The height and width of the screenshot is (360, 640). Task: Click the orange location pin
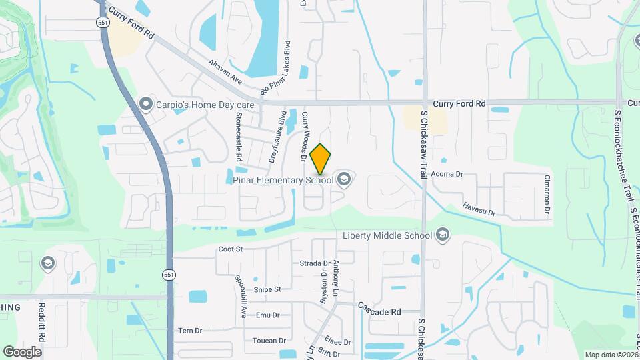[x=321, y=159]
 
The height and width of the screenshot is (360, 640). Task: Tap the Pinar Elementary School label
[x=283, y=179]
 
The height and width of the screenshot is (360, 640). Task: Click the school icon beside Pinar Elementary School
[x=343, y=178]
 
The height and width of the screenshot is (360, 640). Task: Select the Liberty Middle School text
[x=387, y=235]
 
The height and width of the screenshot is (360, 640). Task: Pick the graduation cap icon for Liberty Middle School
[x=443, y=235]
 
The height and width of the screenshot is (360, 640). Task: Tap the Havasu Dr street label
[x=479, y=209]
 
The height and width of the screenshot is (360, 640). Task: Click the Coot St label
[x=229, y=249]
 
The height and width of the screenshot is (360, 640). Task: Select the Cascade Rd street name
[x=379, y=309]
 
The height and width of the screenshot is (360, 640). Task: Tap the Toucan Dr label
[x=269, y=340]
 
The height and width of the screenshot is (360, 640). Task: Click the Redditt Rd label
[x=41, y=323]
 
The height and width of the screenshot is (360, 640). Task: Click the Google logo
[x=22, y=351]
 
